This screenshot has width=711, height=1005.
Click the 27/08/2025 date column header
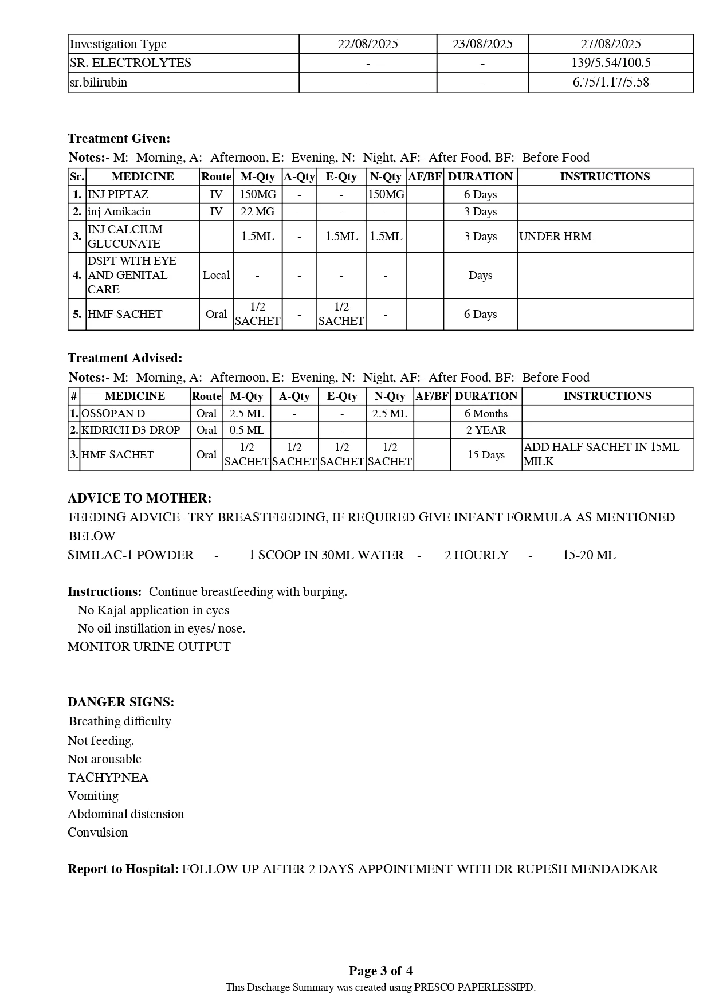(611, 44)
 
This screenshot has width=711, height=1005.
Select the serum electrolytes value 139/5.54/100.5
(611, 63)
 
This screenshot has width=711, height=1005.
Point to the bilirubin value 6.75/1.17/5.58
(611, 83)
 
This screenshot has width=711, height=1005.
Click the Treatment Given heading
(119, 139)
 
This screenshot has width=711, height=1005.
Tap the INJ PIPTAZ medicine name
(118, 194)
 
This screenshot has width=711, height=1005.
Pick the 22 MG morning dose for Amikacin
(257, 212)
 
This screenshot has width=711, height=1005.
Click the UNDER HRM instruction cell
(555, 236)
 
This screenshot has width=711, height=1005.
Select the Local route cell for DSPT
(216, 275)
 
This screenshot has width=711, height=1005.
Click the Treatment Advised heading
(125, 358)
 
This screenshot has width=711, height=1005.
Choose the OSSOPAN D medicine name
(113, 414)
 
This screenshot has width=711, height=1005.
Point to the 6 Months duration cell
(486, 414)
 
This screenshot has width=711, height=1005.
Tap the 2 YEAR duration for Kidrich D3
(486, 430)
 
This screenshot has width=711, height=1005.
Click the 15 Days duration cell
(486, 455)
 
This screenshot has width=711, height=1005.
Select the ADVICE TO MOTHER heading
(139, 498)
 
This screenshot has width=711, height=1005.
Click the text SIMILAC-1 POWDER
(131, 555)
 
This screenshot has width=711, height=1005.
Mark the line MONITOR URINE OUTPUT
(149, 647)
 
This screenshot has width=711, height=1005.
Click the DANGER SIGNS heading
(121, 702)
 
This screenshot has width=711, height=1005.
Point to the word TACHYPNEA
(108, 778)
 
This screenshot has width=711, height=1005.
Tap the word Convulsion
(97, 833)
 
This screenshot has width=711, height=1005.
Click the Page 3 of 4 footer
(380, 971)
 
